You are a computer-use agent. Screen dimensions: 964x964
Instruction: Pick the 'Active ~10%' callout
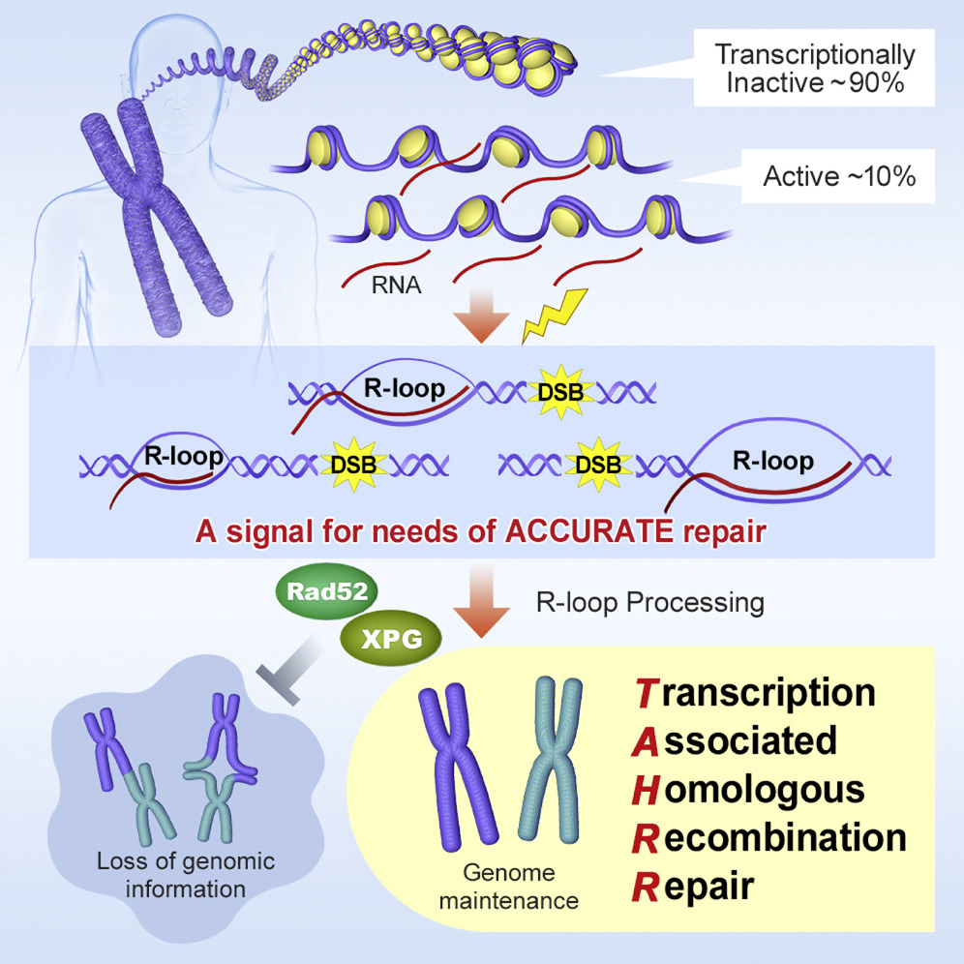point(839,177)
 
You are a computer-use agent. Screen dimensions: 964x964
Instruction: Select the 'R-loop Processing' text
point(650,602)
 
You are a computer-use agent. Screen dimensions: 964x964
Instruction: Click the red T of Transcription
point(646,693)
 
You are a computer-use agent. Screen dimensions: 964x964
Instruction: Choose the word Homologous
point(748,789)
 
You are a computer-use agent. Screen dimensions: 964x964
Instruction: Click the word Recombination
point(769,837)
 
